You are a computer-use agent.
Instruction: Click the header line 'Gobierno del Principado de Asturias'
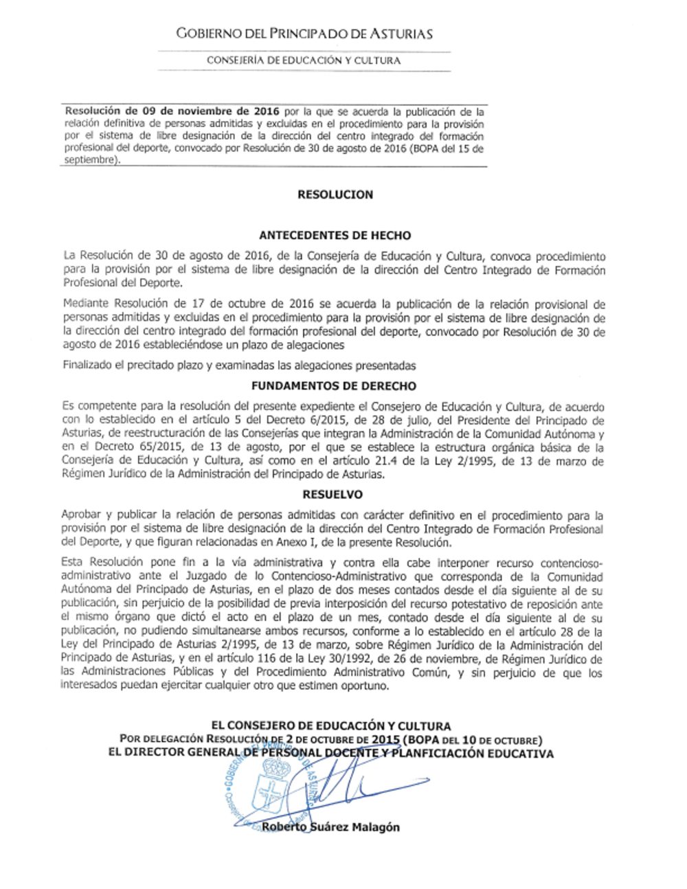tap(304, 34)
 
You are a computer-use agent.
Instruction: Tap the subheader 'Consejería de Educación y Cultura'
tap(304, 60)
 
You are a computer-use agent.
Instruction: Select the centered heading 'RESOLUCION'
tap(335, 194)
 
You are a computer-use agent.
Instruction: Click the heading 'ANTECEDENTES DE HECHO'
tap(335, 235)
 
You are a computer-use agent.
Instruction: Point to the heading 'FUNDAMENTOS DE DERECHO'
tap(334, 386)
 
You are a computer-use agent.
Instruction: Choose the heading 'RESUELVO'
tap(333, 494)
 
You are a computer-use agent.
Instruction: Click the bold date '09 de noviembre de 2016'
tap(211, 111)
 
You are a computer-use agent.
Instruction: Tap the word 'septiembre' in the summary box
tap(89, 160)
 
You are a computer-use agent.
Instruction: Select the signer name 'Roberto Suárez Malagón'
tap(330, 827)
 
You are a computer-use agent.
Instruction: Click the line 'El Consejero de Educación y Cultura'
tap(330, 725)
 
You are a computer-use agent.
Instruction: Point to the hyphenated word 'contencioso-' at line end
tap(567, 563)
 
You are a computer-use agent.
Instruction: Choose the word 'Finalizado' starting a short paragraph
tap(87, 365)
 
